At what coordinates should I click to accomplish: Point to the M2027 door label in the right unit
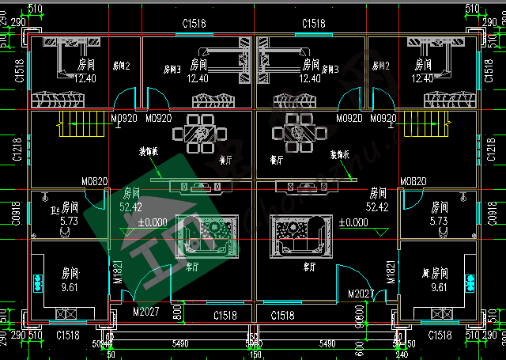tap(361, 294)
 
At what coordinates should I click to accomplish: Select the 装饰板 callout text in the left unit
tap(151, 151)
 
